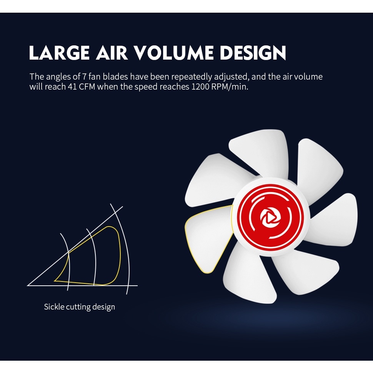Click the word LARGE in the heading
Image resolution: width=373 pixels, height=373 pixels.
point(59,52)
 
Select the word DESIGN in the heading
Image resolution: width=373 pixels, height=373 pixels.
point(253,52)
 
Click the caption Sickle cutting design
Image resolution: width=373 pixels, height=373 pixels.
point(80,307)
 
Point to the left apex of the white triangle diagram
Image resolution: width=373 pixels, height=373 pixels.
point(28,285)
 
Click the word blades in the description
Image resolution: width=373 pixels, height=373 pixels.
point(115,77)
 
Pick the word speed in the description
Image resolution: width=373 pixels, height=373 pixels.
point(146,87)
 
